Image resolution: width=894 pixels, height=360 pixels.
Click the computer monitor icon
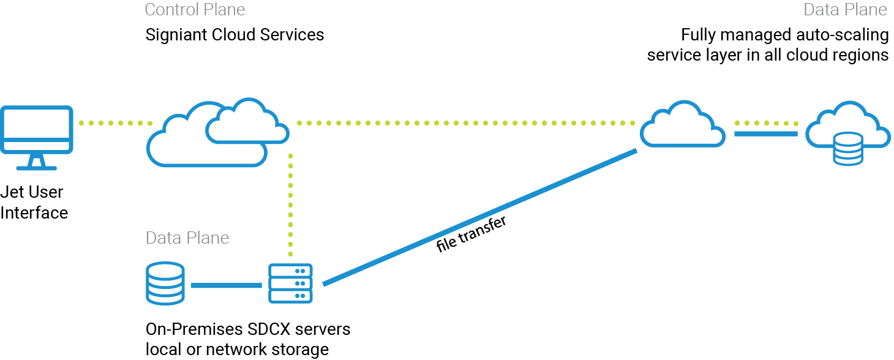[x=37, y=130]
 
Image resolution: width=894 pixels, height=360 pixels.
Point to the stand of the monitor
[x=37, y=162]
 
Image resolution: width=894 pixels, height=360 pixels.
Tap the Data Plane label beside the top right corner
[x=845, y=10]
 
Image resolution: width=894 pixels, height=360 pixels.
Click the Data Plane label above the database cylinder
[x=187, y=238]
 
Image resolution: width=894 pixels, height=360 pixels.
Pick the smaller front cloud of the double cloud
[x=247, y=122]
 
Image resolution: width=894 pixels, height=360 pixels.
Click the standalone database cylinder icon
[x=165, y=283]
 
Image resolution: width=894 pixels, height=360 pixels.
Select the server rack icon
[x=291, y=283]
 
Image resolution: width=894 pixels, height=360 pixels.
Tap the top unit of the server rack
[x=291, y=271]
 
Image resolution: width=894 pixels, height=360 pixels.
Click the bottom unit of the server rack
[x=291, y=296]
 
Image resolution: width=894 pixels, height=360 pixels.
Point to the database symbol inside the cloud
[x=848, y=151]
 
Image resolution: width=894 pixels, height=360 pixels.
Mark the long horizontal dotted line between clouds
[x=465, y=123]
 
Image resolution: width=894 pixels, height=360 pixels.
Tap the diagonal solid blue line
[x=481, y=217]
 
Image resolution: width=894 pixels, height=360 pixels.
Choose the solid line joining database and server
[x=227, y=285]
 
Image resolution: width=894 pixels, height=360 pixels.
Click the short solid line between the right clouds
[x=766, y=133]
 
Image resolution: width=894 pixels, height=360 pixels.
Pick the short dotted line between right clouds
[x=766, y=123]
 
